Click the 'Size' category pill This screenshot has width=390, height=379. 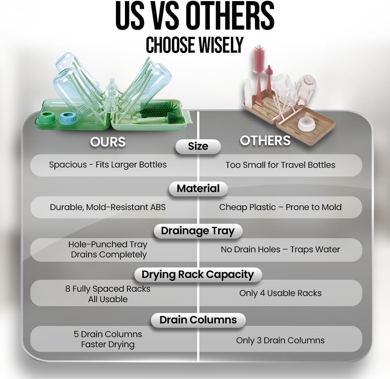(198, 147)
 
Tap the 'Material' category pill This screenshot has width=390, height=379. (198, 189)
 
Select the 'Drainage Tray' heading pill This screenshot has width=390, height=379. (198, 231)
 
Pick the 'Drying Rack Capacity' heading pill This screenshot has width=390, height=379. (198, 275)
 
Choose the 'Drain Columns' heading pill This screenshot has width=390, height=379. (198, 320)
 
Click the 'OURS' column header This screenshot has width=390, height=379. (108, 142)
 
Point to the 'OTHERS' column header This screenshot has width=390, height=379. (265, 140)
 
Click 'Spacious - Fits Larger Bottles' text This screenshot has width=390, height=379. (108, 165)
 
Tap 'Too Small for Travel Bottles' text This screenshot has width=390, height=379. (280, 165)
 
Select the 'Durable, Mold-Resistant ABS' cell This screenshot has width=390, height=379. (108, 207)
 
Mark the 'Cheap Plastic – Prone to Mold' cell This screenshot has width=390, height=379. (280, 207)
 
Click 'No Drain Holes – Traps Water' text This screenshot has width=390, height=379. (280, 249)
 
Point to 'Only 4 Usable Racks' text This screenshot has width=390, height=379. (280, 293)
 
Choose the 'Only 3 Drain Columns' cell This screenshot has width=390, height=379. (280, 340)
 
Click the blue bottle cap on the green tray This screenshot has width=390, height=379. (66, 118)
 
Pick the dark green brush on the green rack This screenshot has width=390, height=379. (152, 110)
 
